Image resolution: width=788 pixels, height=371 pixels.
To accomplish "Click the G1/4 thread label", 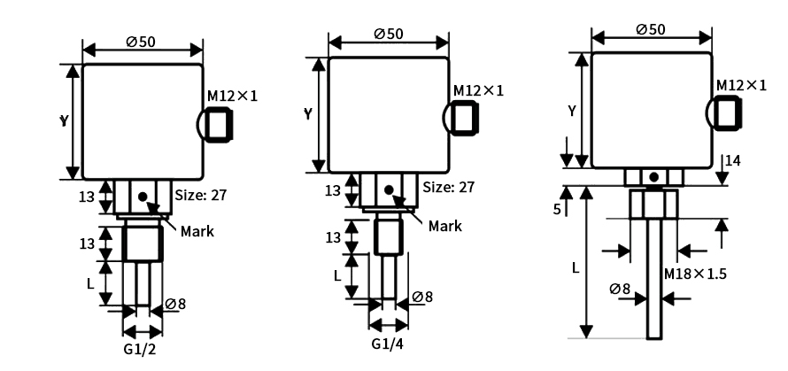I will (x=388, y=343).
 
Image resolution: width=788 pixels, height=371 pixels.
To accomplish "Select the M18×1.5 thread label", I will (x=695, y=274).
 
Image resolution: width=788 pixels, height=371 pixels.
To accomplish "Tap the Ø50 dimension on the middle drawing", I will (x=389, y=33).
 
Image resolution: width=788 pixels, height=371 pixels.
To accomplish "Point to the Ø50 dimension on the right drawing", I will (x=652, y=28).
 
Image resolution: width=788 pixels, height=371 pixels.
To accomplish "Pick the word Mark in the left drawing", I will (x=197, y=231).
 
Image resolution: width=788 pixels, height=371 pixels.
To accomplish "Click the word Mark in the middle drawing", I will (x=444, y=226).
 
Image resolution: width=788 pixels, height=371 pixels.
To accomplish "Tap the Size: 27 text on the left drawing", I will (x=201, y=195).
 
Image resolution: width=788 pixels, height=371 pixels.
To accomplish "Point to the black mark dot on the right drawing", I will (x=653, y=178).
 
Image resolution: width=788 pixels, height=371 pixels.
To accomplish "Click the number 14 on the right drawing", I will (x=732, y=161).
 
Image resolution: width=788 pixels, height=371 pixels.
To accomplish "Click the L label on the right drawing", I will (x=576, y=267).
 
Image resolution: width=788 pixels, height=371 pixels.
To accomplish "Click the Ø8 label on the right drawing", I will (x=620, y=289).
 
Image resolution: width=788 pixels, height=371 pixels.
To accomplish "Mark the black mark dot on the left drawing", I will (x=142, y=194).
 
